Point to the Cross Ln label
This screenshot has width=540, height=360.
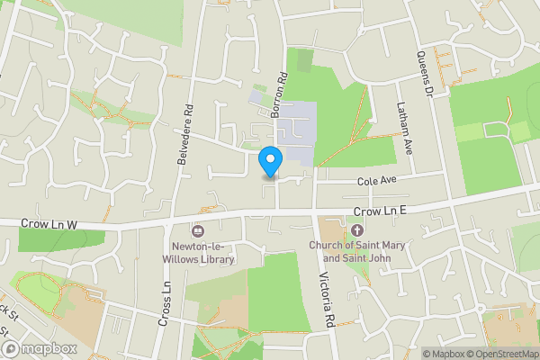coord(166,304)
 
